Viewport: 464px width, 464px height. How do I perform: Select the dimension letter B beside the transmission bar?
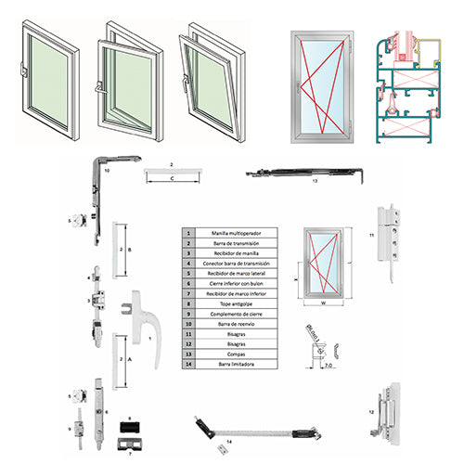click(129, 250)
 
